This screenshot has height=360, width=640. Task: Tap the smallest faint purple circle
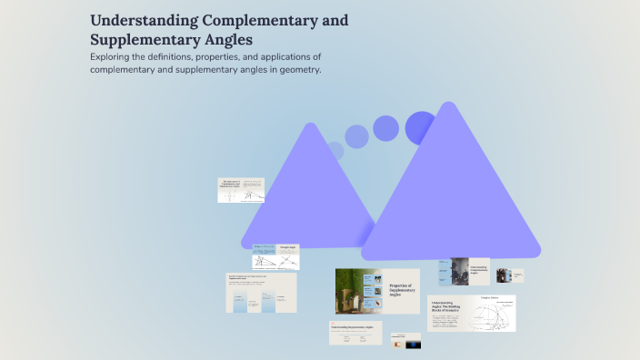coord(335,150)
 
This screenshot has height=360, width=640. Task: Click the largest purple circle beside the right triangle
coord(421,126)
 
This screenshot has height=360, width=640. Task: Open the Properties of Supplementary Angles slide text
coord(401,289)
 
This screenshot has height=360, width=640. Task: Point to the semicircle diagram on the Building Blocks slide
coord(491,314)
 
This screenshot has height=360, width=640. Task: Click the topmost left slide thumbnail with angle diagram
coord(241,190)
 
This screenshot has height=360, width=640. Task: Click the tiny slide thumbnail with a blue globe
coord(405,343)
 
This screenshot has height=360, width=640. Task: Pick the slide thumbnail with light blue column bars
coord(261,293)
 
